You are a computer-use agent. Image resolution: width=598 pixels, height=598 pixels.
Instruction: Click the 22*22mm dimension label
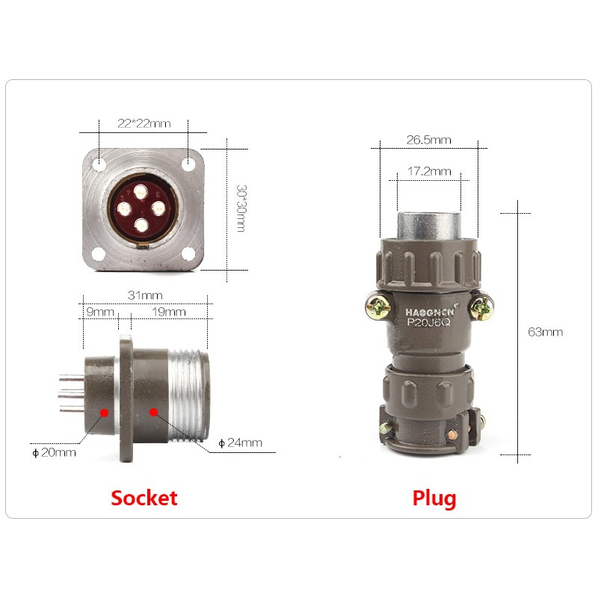click(144, 123)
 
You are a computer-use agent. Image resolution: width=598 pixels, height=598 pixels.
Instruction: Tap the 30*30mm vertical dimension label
click(241, 209)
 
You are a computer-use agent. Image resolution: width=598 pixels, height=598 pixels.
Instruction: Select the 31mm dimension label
click(145, 295)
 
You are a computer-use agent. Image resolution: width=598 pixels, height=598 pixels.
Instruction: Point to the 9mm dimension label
click(100, 312)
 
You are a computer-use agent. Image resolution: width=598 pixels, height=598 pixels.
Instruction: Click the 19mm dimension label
click(169, 312)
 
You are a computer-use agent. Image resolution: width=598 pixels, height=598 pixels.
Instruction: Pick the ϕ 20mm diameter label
click(54, 453)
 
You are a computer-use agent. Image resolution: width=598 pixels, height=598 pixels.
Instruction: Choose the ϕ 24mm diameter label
click(240, 443)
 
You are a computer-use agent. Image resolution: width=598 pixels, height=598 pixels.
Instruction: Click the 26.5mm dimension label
click(428, 140)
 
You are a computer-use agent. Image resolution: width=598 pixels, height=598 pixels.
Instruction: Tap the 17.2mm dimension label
click(429, 171)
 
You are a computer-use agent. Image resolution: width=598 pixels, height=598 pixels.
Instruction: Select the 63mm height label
click(546, 332)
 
